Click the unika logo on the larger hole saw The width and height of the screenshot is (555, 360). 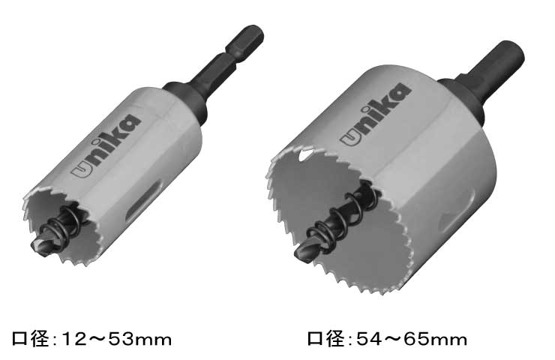[x=376, y=114]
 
